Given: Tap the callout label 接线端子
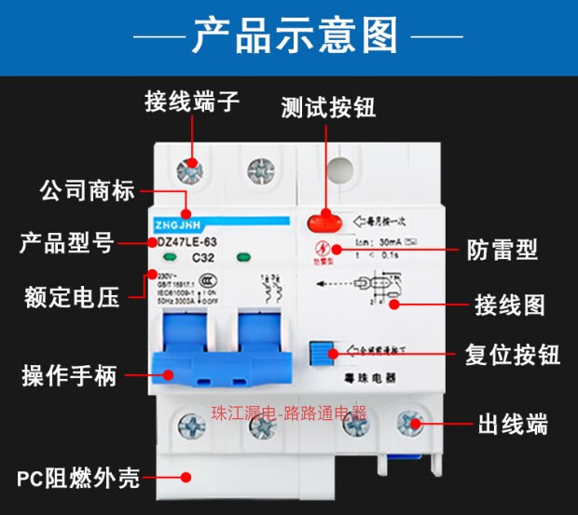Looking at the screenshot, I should pos(192,102).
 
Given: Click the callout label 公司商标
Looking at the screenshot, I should pos(88,192).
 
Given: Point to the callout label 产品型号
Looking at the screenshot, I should pos(67,244).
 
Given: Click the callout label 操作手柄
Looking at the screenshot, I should pos(70,376).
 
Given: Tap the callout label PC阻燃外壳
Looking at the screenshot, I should pos(78,479).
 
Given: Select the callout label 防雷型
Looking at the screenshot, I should pos(502,249).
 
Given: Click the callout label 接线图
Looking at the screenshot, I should pos(509,305).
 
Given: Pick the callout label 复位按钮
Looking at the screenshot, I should pos(512,355).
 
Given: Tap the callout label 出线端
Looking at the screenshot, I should pos(512,426).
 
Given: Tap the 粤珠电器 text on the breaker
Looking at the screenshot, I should pos(364,378).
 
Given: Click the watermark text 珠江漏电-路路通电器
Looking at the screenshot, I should pos(289,412).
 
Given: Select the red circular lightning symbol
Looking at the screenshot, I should pos(322,249).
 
